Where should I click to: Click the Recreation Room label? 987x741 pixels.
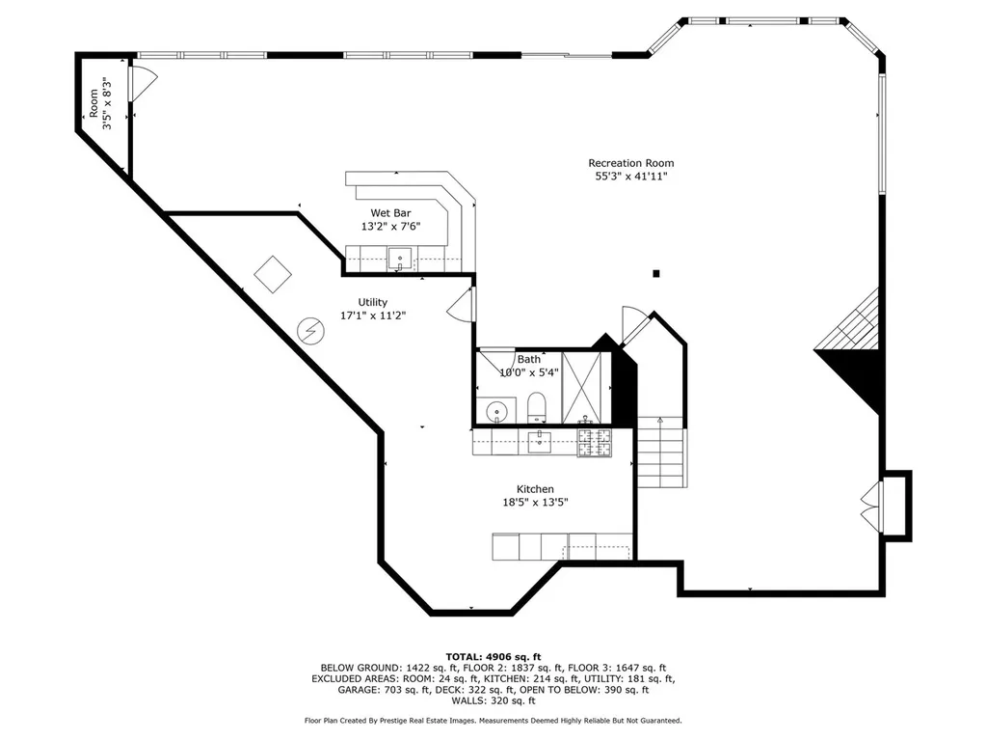(x=630, y=163)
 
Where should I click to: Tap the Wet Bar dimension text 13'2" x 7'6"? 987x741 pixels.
(x=390, y=226)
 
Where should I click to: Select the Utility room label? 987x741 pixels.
(x=373, y=302)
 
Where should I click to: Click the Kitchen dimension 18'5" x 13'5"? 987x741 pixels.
(x=535, y=502)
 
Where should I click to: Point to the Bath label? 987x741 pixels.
(x=529, y=359)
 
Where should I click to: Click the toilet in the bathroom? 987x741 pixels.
(x=536, y=408)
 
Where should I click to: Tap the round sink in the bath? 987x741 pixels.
(x=496, y=412)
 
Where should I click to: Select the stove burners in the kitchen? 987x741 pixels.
(x=594, y=442)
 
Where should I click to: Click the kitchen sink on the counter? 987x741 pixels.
(x=540, y=442)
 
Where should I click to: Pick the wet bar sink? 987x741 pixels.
(x=400, y=259)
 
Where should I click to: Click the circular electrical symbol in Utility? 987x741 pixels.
(x=310, y=331)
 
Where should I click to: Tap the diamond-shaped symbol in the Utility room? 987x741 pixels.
(x=273, y=274)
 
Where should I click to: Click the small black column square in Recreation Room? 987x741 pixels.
(x=655, y=273)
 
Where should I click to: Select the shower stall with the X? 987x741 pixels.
(x=581, y=388)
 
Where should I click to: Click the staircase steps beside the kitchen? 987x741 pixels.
(x=660, y=452)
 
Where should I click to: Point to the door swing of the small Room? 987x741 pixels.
(x=144, y=83)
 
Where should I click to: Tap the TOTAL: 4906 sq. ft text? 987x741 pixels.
(x=493, y=656)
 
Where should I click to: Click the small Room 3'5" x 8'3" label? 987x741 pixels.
(x=100, y=104)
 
